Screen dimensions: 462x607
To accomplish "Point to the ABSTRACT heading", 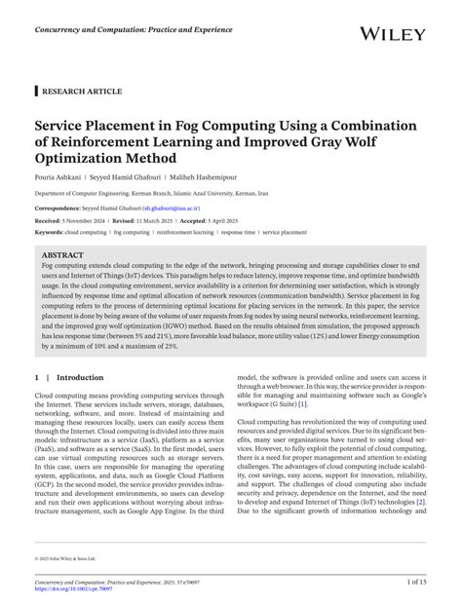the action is [x=62, y=255].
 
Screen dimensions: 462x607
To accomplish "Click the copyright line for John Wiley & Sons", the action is [x=68, y=558].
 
